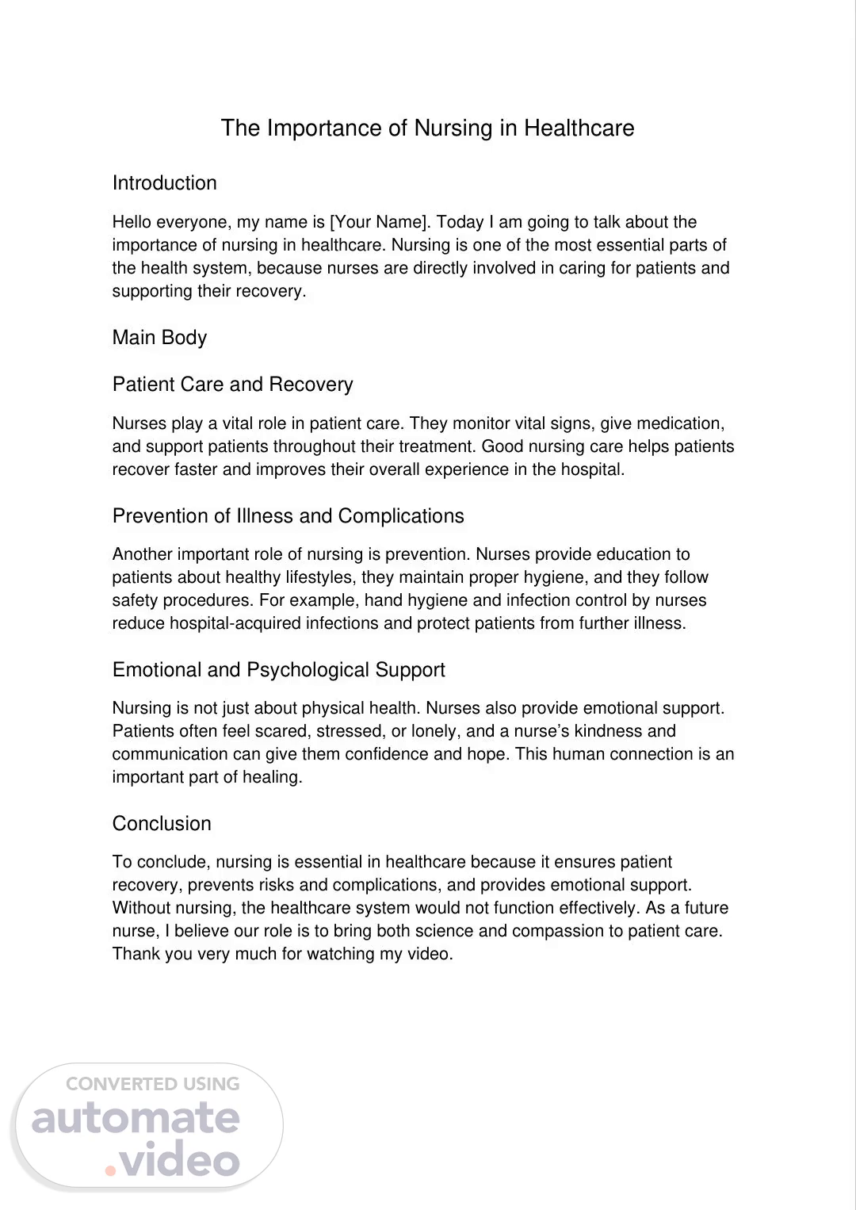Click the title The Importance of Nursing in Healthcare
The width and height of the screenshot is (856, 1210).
click(x=427, y=128)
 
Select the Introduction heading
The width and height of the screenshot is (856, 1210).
click(x=164, y=183)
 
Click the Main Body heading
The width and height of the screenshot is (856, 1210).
click(x=159, y=338)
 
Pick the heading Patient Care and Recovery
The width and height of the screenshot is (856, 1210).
click(x=232, y=385)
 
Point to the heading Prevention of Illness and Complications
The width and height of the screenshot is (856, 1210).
click(x=288, y=516)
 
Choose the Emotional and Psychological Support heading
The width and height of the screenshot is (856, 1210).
click(x=278, y=670)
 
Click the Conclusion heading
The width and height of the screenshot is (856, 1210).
click(x=162, y=824)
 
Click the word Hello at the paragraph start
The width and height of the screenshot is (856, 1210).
click(x=132, y=222)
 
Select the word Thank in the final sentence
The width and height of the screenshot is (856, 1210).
click(x=135, y=954)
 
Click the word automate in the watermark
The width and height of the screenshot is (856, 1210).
click(x=136, y=1118)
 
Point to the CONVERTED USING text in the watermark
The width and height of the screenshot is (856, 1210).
click(x=152, y=1084)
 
